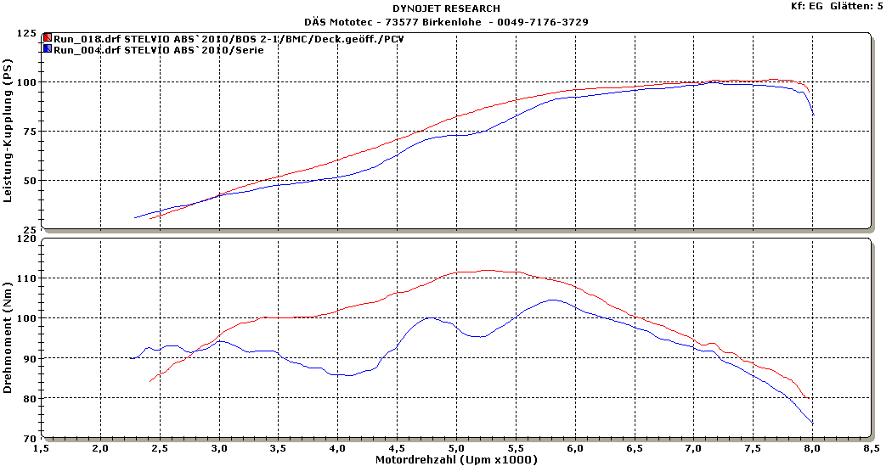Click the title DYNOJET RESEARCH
pos(445,8)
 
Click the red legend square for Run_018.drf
pos(48,38)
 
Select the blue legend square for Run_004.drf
pos(48,49)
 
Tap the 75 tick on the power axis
pos(29,132)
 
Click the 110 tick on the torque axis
pos(26,278)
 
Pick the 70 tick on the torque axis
pos(29,438)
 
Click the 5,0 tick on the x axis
pos(456,447)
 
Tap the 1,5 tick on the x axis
pos(41,447)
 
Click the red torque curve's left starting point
pos(150,382)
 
